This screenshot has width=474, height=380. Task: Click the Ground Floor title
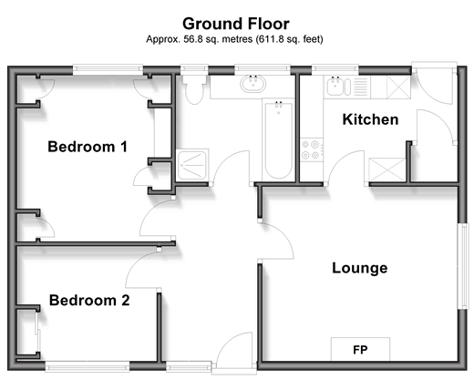236,24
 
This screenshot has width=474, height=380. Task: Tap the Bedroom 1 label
88,147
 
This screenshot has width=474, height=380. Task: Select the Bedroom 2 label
89,301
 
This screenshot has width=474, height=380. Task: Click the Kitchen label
370,119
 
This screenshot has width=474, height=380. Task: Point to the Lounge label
360,268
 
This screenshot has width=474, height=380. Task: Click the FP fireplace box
360,349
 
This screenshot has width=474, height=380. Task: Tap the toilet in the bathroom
194,89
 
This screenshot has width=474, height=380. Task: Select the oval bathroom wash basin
253,84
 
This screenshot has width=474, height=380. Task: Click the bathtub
278,140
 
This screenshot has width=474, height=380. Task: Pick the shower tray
192,164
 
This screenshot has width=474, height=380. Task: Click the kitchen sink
335,86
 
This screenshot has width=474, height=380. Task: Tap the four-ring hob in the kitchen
312,149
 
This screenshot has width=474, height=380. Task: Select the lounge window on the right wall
463,266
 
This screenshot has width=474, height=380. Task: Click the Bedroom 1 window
108,69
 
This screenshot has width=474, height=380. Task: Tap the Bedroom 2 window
88,366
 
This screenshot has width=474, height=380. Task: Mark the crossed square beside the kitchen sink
398,87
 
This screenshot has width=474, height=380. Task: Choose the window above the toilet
194,69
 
